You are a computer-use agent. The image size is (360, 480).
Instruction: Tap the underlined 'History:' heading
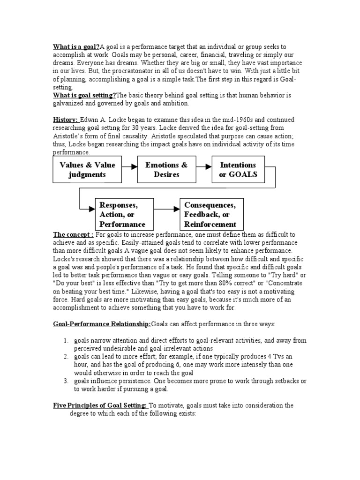coord(66,120)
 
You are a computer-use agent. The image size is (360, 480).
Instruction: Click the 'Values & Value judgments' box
coord(87,170)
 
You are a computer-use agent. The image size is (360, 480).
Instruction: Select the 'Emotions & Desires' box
coord(166,170)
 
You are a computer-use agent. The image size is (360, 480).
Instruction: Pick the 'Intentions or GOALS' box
coord(238,170)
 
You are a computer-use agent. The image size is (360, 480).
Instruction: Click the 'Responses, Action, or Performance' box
coord(123,214)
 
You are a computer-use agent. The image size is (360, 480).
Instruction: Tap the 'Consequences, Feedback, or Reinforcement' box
coord(210,214)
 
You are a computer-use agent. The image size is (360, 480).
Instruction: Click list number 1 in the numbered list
coord(66,340)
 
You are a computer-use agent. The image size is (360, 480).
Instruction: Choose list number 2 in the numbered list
coord(66,357)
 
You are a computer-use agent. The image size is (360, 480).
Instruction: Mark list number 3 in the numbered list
coord(66,381)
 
